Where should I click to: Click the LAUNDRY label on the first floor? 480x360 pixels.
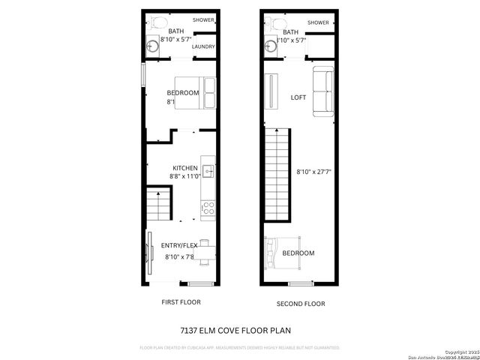(203, 46)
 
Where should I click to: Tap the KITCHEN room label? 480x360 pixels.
(185, 168)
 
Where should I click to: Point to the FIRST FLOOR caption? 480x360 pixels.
(181, 302)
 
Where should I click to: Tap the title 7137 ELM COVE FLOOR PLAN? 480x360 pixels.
(235, 330)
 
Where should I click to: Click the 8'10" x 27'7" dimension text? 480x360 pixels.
(314, 172)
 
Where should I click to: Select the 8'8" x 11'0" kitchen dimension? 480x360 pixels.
(185, 177)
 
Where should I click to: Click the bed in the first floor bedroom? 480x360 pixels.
(196, 93)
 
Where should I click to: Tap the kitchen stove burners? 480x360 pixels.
(208, 206)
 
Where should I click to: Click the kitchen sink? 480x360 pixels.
(208, 171)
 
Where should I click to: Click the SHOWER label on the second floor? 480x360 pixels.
(317, 22)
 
